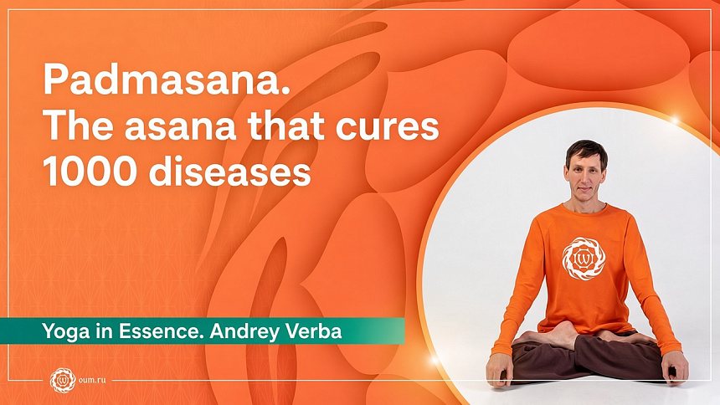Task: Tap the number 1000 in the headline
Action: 90,172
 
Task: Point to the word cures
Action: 388,128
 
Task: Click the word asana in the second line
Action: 180,128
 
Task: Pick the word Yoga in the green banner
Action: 59,331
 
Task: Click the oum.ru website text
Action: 92,380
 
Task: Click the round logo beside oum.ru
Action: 63,380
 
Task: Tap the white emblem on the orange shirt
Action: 584,259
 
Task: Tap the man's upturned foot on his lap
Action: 553,336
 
